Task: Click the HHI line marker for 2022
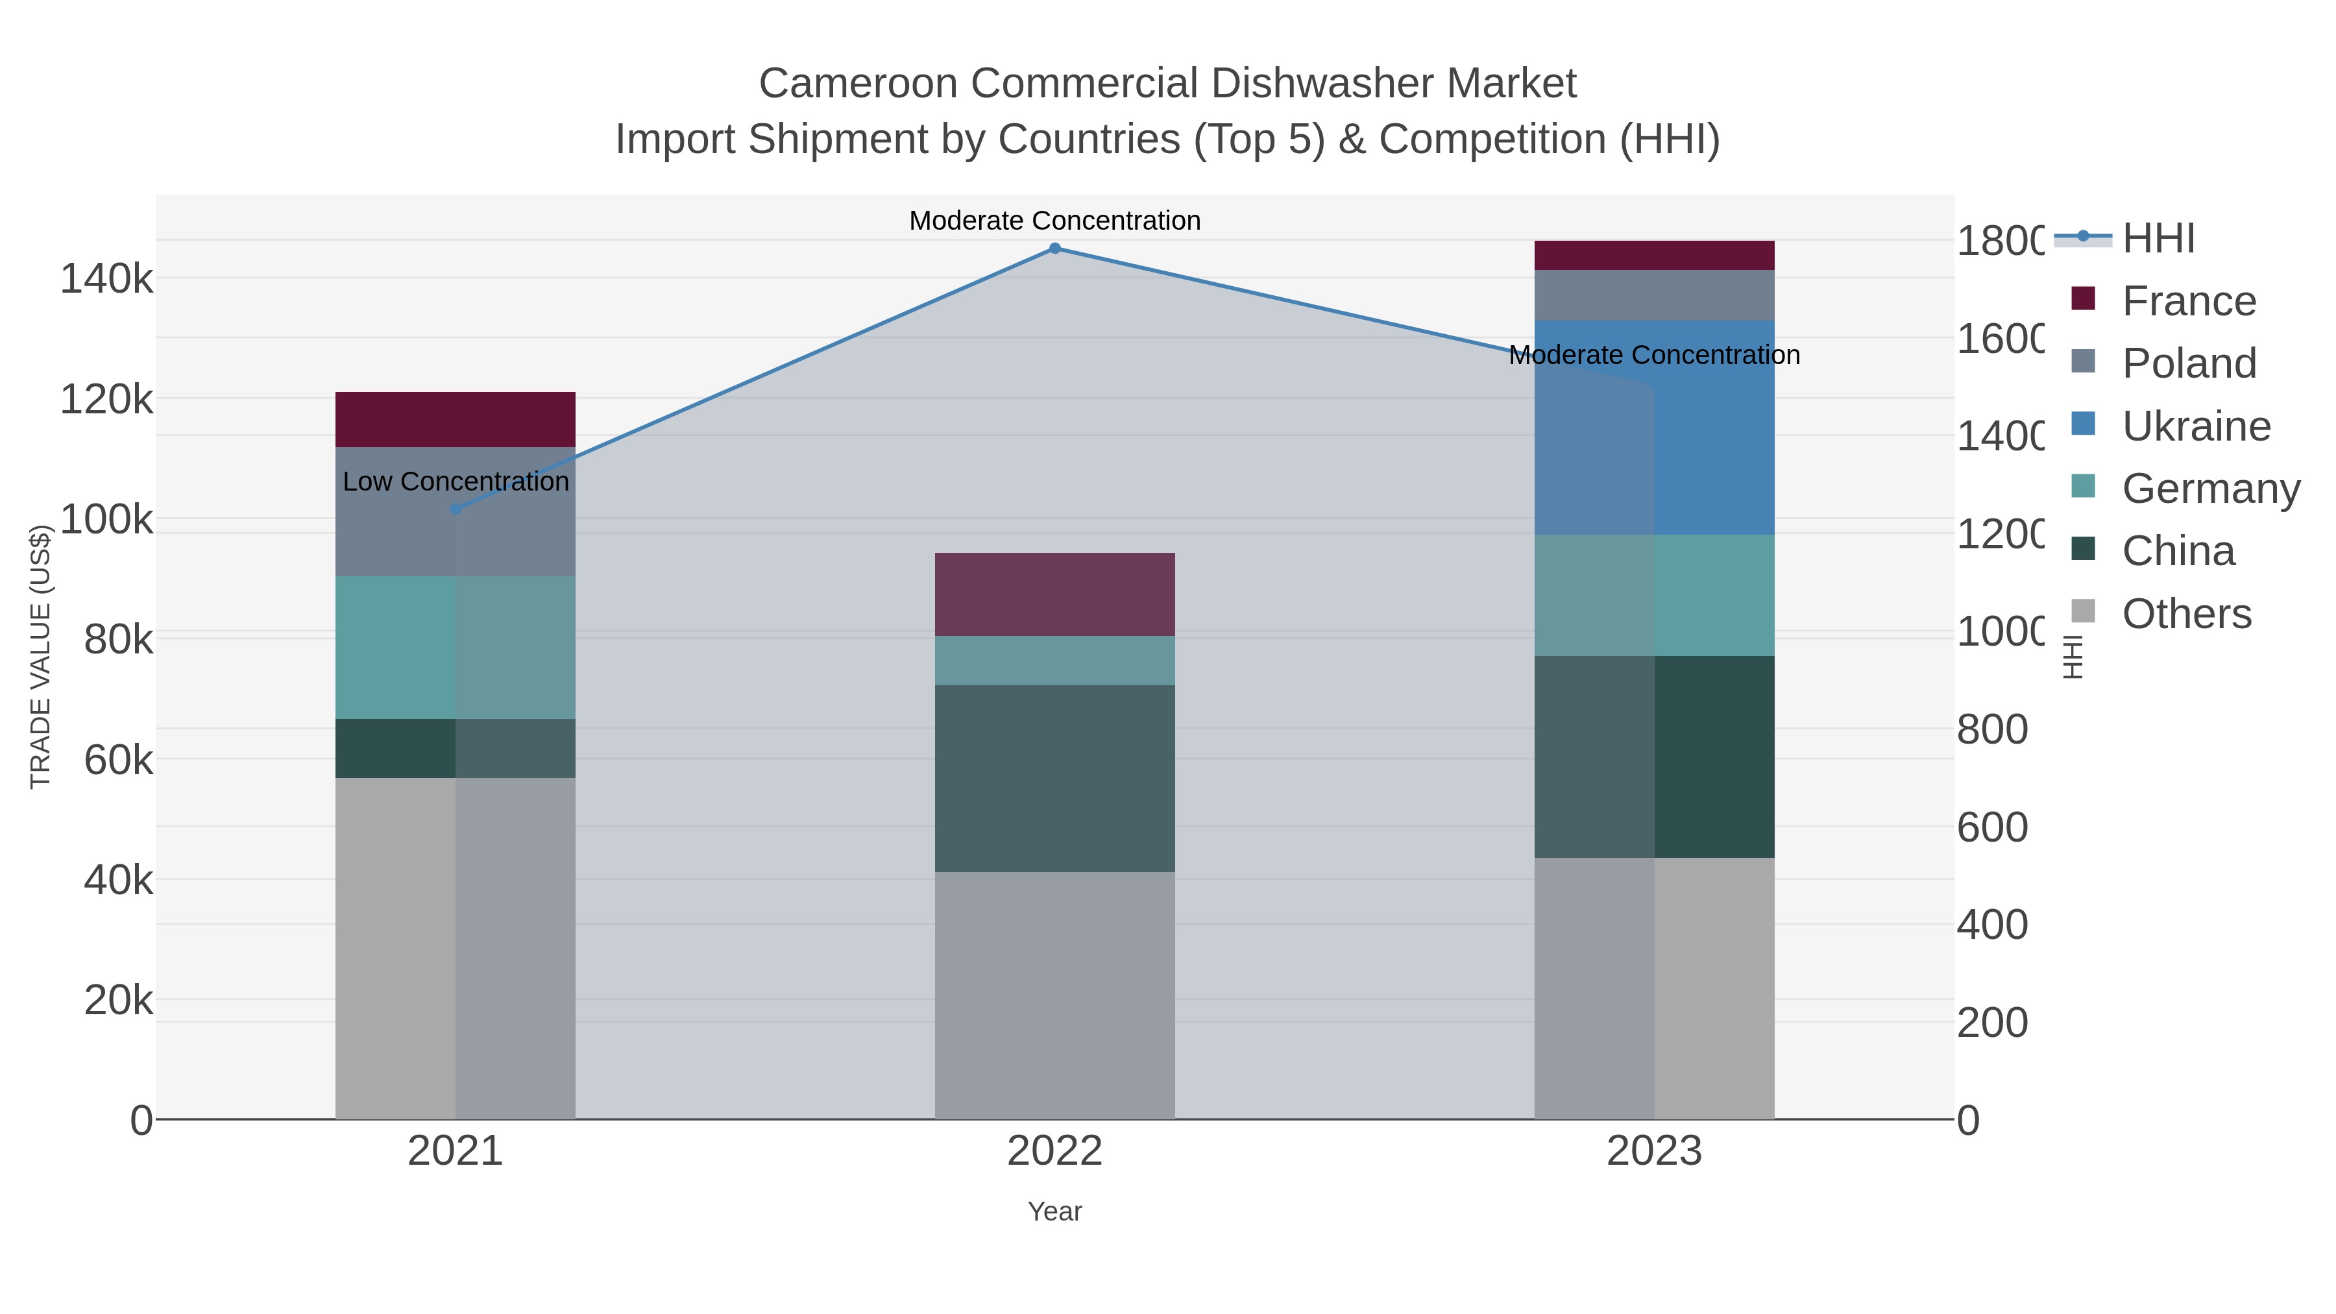pyautogui.click(x=1054, y=249)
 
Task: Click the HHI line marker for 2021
pyautogui.click(x=456, y=509)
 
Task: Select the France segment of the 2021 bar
pyautogui.click(x=456, y=420)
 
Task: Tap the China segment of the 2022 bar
pyautogui.click(x=1054, y=778)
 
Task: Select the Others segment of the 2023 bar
pyautogui.click(x=1654, y=988)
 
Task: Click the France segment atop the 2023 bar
pyautogui.click(x=1654, y=255)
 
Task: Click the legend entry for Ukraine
pyautogui.click(x=2195, y=426)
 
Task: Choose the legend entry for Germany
pyautogui.click(x=2209, y=489)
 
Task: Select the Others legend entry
pyautogui.click(x=2185, y=614)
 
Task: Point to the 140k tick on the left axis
pyautogui.click(x=106, y=278)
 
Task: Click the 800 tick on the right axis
pyautogui.click(x=1991, y=730)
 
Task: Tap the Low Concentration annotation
pyautogui.click(x=456, y=481)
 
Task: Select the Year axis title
pyautogui.click(x=1054, y=1211)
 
